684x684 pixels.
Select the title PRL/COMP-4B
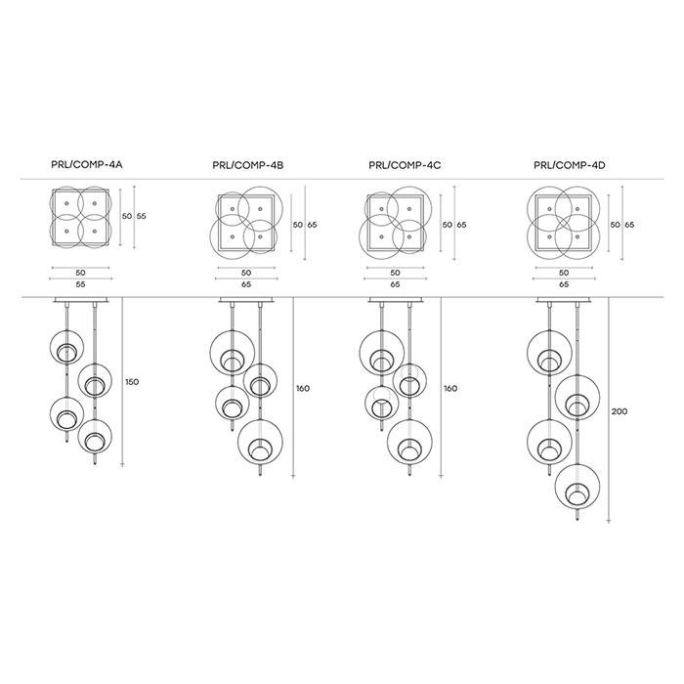(248, 165)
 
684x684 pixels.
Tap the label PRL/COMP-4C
(405, 165)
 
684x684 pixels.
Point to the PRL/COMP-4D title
(570, 165)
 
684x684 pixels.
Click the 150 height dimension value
(132, 382)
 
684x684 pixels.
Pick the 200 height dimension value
(619, 411)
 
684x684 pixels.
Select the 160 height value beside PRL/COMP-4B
(302, 388)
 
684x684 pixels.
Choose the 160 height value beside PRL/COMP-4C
(450, 388)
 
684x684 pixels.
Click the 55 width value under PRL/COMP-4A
(80, 284)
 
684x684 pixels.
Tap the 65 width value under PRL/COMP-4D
(564, 284)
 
